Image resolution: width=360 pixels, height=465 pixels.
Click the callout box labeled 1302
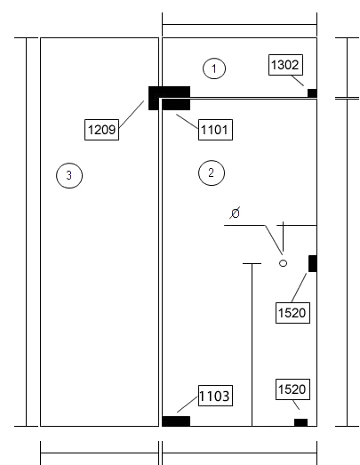coord(285,65)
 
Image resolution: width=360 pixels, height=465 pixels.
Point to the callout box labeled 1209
coord(101,130)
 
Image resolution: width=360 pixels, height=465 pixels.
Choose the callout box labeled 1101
coord(215,130)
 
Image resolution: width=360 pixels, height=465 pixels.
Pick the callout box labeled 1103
coord(215,396)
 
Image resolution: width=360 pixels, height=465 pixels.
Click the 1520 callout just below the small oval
coord(292,313)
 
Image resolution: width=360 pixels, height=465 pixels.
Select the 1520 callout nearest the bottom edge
coord(292,389)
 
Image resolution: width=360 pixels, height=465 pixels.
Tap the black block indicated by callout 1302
coord(312,92)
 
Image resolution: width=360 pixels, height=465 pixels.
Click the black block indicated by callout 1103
coord(176,421)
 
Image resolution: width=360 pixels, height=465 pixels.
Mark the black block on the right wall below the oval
coord(313,263)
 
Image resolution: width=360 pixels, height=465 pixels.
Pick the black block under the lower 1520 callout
coord(300,422)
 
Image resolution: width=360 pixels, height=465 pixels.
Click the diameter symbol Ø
coord(235,212)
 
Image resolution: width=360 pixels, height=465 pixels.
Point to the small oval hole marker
coord(284,263)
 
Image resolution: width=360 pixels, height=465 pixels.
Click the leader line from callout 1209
coord(132,114)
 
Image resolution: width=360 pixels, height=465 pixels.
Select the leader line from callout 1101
coord(188,122)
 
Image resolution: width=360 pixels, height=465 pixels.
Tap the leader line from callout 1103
coord(188,405)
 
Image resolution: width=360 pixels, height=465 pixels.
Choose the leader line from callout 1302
coord(298,81)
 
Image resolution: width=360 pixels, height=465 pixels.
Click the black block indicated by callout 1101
coord(176,105)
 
